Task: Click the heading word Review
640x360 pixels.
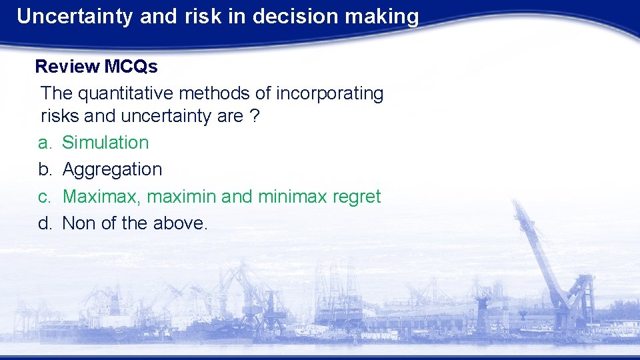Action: pos(67,67)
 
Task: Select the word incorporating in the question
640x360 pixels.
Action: pos(329,93)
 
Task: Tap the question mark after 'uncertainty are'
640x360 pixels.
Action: pos(254,116)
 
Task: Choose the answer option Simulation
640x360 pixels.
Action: pos(105,143)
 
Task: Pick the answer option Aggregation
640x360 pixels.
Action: pos(112,169)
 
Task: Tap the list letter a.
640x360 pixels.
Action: pos(44,143)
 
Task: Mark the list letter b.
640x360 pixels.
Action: pos(44,169)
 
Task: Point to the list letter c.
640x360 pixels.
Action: pos(44,197)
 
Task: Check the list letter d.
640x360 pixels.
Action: pos(44,223)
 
